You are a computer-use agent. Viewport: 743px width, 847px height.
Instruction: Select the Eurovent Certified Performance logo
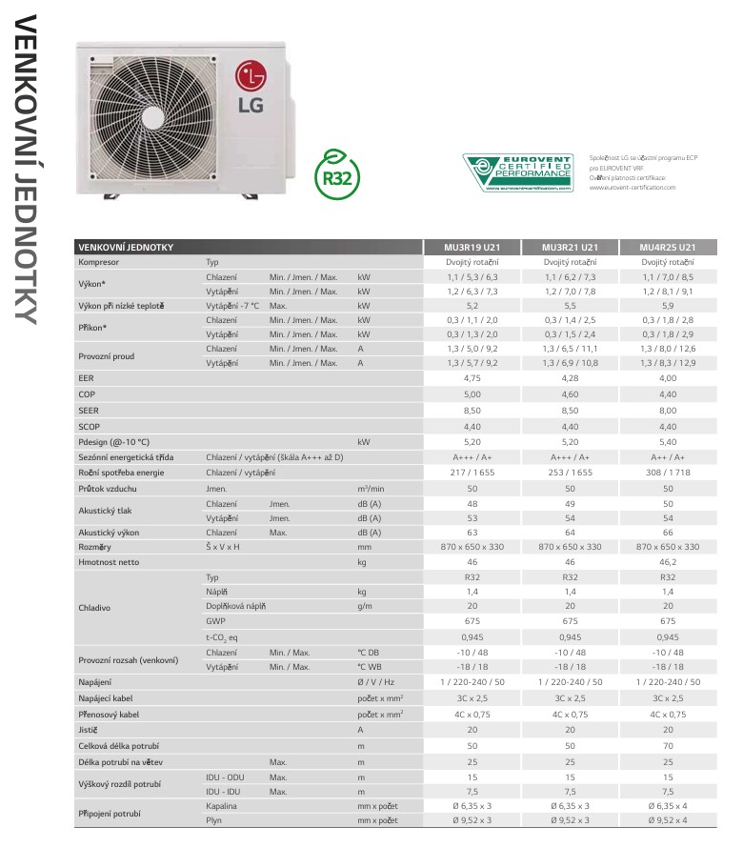(x=518, y=172)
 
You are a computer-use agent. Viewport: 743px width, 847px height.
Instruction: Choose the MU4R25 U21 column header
(x=667, y=247)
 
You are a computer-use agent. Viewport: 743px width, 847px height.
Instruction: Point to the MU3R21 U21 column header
(x=570, y=247)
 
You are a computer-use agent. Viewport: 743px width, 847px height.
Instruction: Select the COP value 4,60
(x=570, y=393)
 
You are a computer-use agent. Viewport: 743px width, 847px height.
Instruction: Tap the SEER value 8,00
(x=667, y=409)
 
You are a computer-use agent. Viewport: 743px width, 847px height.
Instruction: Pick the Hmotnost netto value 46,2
(x=667, y=562)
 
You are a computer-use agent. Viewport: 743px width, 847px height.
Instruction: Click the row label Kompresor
(x=100, y=261)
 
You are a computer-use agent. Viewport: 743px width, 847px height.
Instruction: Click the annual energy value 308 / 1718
(x=667, y=472)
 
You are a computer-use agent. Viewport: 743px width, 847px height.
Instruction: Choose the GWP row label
(x=215, y=620)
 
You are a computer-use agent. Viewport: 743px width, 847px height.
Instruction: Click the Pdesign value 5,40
(x=667, y=442)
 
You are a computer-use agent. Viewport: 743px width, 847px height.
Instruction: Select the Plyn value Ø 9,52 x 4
(x=667, y=819)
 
